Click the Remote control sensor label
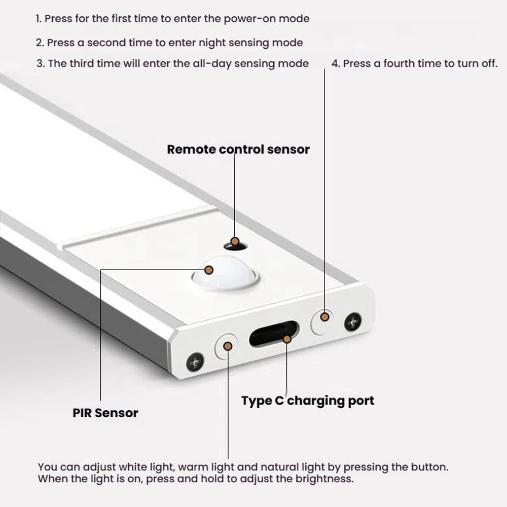[x=238, y=150]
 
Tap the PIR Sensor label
[x=105, y=413]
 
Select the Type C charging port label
[x=307, y=401]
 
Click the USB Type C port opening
[x=273, y=335]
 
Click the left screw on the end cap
[x=195, y=361]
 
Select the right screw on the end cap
[x=353, y=322]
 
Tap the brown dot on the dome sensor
[x=208, y=269]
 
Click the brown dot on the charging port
[x=287, y=338]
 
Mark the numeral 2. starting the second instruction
[x=40, y=43]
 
